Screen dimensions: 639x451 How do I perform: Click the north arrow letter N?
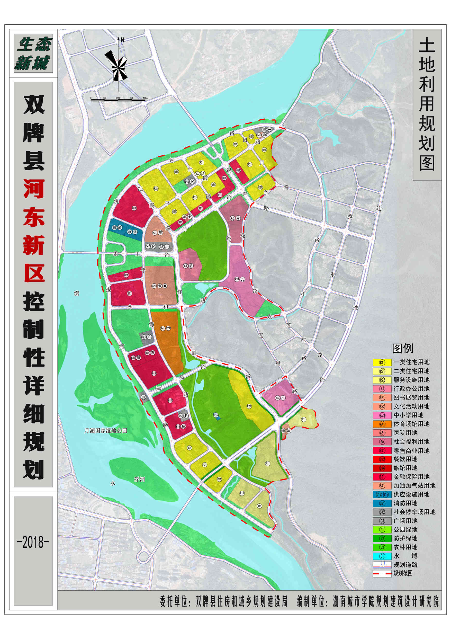tap(122, 40)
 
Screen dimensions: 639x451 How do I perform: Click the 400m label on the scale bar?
tap(145, 98)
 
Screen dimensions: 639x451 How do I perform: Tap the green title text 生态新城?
tap(33, 54)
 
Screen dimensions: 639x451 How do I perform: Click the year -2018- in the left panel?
tap(33, 542)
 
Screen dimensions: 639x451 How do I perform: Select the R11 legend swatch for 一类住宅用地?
tap(382, 362)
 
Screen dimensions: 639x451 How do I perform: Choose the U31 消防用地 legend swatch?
tap(382, 503)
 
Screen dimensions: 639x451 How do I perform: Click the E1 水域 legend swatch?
tap(382, 556)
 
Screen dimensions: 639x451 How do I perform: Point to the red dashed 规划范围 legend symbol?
tap(382, 573)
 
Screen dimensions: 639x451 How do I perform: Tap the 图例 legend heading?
tap(402, 348)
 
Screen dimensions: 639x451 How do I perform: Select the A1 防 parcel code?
tap(186, 266)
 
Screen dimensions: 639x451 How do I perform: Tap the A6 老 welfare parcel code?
tap(233, 218)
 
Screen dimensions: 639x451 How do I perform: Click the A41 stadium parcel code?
tap(163, 329)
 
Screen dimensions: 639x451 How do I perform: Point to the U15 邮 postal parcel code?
tap(114, 228)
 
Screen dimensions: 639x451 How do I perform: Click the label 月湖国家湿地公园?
tap(106, 431)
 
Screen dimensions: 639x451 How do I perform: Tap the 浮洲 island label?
tap(139, 479)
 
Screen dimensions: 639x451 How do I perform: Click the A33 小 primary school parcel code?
tap(277, 398)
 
